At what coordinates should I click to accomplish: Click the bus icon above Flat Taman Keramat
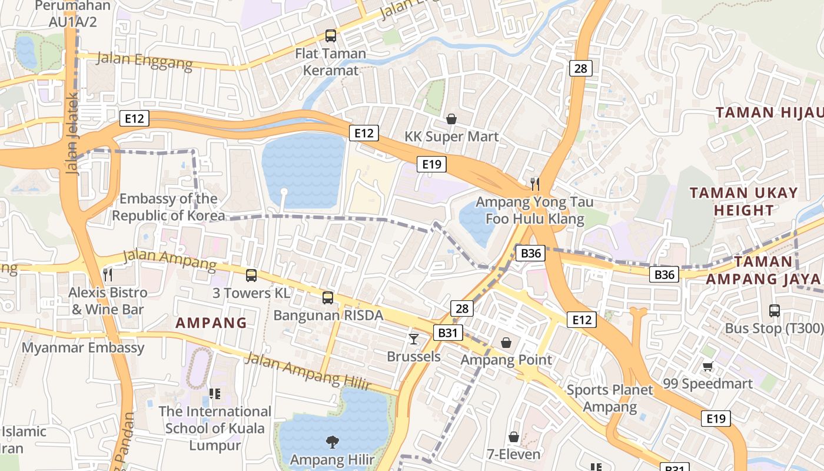(331, 36)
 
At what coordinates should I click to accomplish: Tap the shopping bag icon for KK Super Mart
(451, 119)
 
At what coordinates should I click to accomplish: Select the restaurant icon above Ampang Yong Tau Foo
(534, 184)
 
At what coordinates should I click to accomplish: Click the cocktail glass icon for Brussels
(414, 339)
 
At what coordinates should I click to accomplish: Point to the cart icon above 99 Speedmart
(707, 366)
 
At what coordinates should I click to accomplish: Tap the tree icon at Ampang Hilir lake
(332, 442)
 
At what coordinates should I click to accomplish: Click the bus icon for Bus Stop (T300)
(774, 310)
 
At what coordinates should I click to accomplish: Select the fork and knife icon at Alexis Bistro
(108, 274)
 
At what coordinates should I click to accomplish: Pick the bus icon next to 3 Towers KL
(251, 275)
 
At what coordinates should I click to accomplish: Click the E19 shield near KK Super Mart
(431, 164)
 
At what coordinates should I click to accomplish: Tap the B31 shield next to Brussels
(448, 333)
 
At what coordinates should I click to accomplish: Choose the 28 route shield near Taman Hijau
(580, 68)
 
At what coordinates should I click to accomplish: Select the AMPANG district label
(211, 323)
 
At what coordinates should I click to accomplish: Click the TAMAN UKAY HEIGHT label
(743, 201)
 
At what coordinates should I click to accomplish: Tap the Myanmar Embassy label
(83, 347)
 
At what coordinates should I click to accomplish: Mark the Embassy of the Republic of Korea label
(168, 207)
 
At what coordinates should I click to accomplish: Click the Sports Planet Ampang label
(610, 398)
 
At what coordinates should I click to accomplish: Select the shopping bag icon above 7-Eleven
(514, 437)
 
